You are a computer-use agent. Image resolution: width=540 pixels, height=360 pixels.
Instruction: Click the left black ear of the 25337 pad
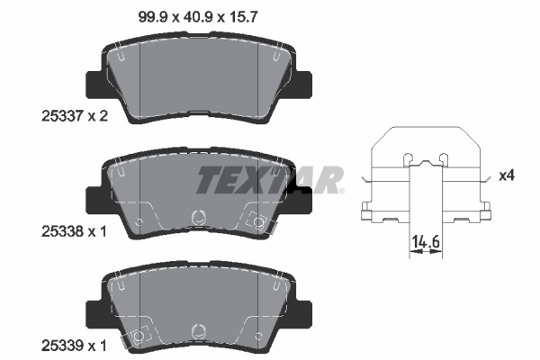point(94,85)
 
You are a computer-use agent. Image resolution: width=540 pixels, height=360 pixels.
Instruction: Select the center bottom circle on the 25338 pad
point(198,217)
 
